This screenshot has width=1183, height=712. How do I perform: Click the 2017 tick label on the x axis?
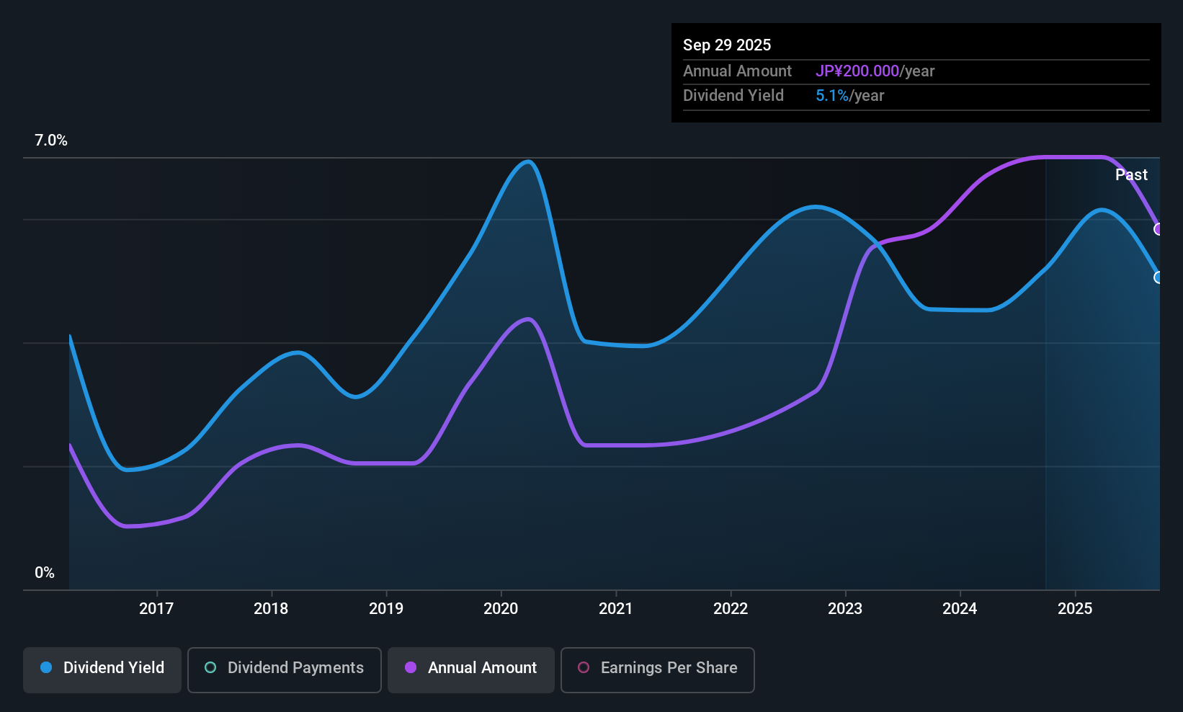click(156, 608)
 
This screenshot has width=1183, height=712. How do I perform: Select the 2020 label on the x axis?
click(501, 608)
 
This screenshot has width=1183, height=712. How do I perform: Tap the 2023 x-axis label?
click(845, 608)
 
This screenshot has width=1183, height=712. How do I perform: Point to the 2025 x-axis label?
click(1075, 608)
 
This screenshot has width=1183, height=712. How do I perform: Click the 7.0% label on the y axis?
click(51, 141)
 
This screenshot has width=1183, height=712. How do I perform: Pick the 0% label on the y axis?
click(45, 573)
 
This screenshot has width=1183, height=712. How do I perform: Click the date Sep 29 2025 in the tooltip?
click(727, 45)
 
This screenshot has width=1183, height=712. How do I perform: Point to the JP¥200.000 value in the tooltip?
click(857, 71)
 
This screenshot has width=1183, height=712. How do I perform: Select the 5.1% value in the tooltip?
click(832, 96)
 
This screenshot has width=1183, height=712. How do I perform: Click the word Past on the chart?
click(1131, 175)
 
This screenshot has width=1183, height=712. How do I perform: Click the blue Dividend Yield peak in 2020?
click(527, 161)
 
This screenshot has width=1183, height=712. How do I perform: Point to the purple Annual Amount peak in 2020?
click(527, 319)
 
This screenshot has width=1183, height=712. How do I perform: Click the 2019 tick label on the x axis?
click(386, 608)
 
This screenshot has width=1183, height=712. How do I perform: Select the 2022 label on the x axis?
click(731, 608)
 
